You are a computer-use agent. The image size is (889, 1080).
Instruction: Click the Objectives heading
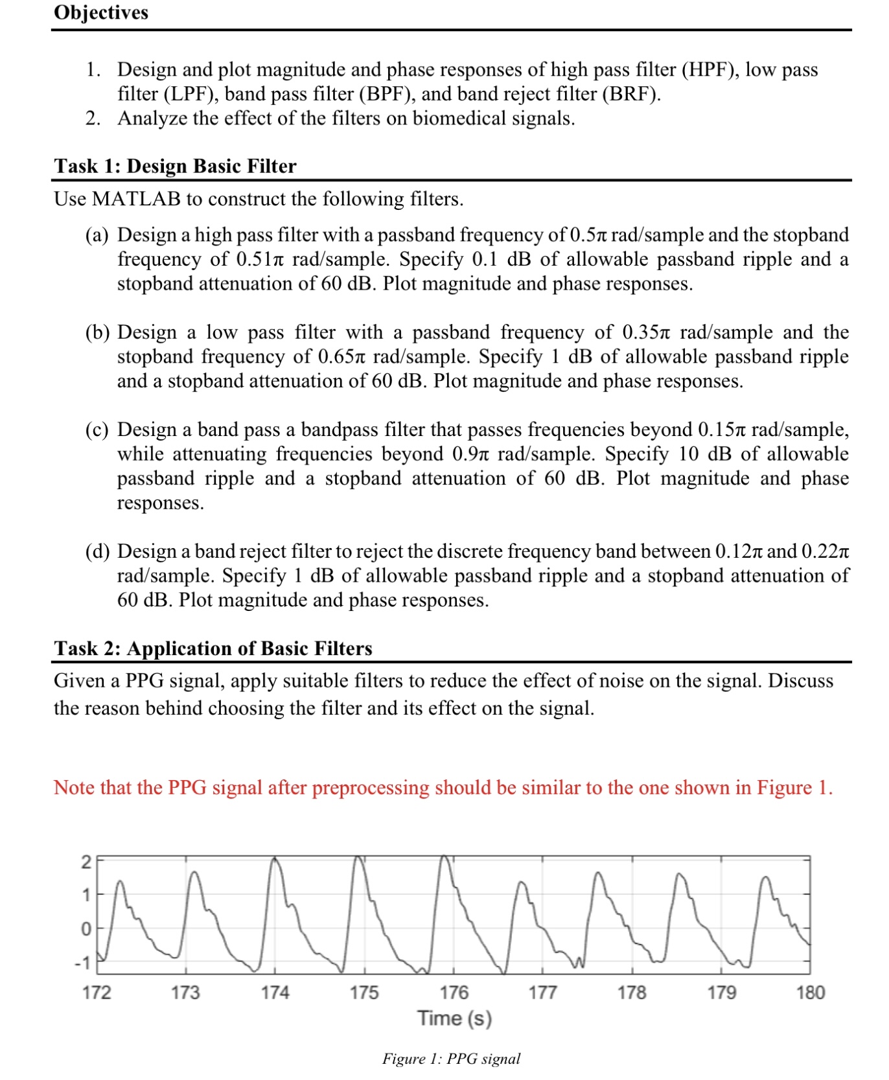pos(101,12)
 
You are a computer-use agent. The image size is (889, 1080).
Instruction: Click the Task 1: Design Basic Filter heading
pos(175,166)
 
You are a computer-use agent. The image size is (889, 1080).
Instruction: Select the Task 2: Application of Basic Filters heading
pos(213,648)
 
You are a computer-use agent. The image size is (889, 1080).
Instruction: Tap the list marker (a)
pos(97,235)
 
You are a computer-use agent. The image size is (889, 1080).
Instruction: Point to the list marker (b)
pos(97,332)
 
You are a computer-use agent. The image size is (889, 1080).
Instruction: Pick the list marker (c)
pos(97,430)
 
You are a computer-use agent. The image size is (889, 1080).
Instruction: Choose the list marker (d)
pos(97,551)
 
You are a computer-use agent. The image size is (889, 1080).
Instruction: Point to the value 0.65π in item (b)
pos(342,356)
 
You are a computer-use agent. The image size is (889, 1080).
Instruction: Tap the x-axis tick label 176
pos(454,993)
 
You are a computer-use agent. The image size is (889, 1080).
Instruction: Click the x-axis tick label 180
pos(810,993)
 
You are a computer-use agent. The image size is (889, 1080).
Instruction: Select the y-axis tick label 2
pos(86,862)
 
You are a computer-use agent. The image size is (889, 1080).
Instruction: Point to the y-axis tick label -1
pos(82,963)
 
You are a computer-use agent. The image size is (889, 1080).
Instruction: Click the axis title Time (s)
pos(454,1018)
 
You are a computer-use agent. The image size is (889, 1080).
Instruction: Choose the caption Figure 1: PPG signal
pos(451,1059)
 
